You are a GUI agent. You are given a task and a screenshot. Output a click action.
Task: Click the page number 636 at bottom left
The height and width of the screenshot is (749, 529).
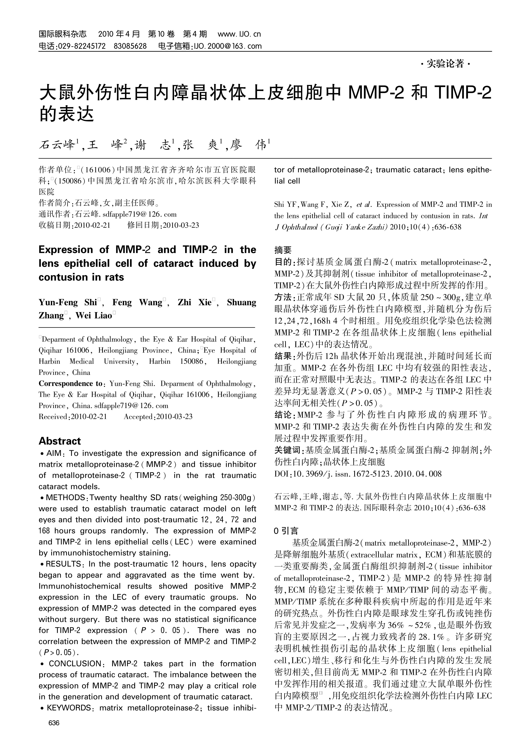coord(54,723)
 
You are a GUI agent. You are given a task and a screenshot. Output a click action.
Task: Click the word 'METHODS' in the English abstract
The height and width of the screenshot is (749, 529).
coord(65,498)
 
